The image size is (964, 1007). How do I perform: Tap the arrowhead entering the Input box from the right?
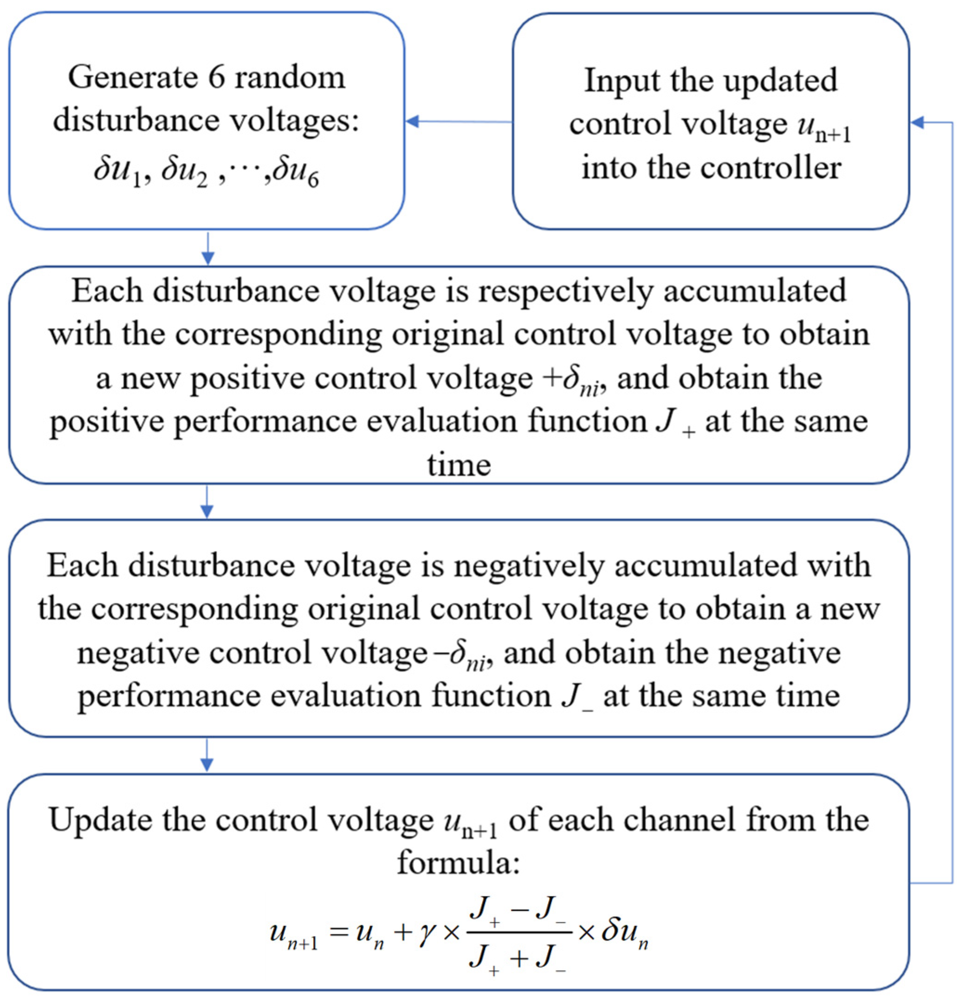point(918,122)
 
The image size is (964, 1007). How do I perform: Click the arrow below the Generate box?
point(207,249)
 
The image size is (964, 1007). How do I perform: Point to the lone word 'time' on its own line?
point(459,465)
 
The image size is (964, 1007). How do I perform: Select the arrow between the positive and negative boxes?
point(207,502)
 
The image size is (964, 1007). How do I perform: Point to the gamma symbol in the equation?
point(426,931)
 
